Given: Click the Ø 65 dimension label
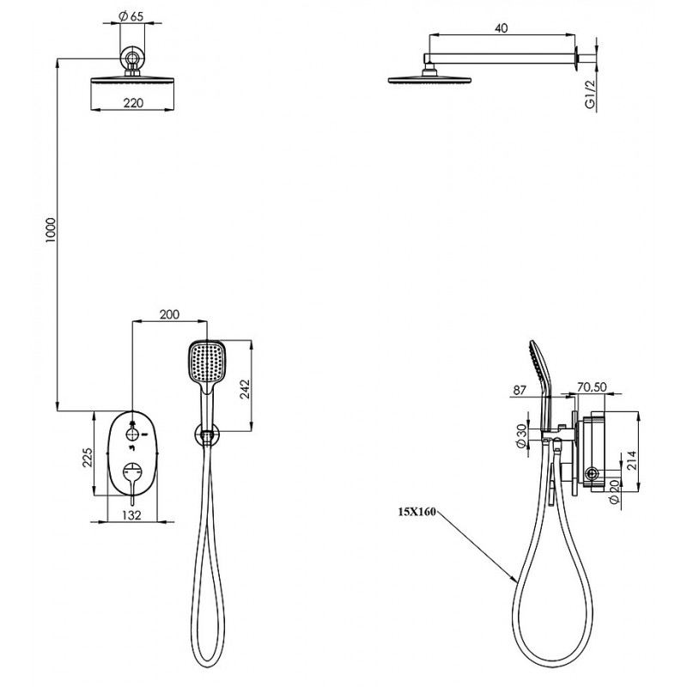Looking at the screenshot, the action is click(131, 16).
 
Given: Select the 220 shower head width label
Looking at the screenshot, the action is click(133, 103).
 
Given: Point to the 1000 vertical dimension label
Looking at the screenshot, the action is click(52, 230).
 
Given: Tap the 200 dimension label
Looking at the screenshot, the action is click(169, 314).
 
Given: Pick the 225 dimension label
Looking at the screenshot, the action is click(88, 458).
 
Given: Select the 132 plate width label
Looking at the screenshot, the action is click(132, 515).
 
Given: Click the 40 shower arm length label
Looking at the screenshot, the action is click(502, 28).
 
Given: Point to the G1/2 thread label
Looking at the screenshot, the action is click(590, 94).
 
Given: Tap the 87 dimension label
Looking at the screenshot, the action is click(520, 390).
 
